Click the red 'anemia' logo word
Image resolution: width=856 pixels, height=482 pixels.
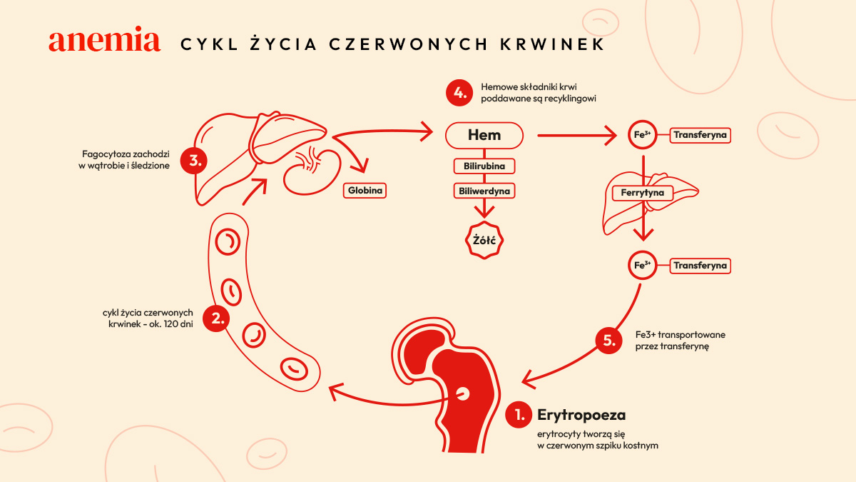104,39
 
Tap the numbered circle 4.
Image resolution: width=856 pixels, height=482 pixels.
459,93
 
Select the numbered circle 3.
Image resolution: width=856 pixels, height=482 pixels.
194,161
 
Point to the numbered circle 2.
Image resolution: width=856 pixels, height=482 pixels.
216,318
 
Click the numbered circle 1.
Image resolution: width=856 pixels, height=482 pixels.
519,415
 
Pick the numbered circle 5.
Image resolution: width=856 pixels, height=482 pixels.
608,340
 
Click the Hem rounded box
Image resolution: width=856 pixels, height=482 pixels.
484,136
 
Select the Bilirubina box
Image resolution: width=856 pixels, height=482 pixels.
484,166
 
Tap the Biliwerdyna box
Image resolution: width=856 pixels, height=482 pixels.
484,191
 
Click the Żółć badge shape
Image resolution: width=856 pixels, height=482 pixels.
484,240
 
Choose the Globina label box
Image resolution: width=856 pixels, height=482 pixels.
365,191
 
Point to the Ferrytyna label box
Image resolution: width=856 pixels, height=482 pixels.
643,193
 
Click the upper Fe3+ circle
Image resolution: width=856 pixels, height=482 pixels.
643,135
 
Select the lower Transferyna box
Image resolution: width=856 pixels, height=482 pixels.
700,266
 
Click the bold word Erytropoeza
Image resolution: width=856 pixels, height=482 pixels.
581,415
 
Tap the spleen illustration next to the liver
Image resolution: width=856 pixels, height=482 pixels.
312,172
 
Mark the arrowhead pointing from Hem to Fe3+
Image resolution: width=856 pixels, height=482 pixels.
611,135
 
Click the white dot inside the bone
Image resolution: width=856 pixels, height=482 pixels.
463,393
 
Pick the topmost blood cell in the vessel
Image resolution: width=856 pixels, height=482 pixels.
228,242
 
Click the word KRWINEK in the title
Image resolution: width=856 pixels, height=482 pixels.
553,44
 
